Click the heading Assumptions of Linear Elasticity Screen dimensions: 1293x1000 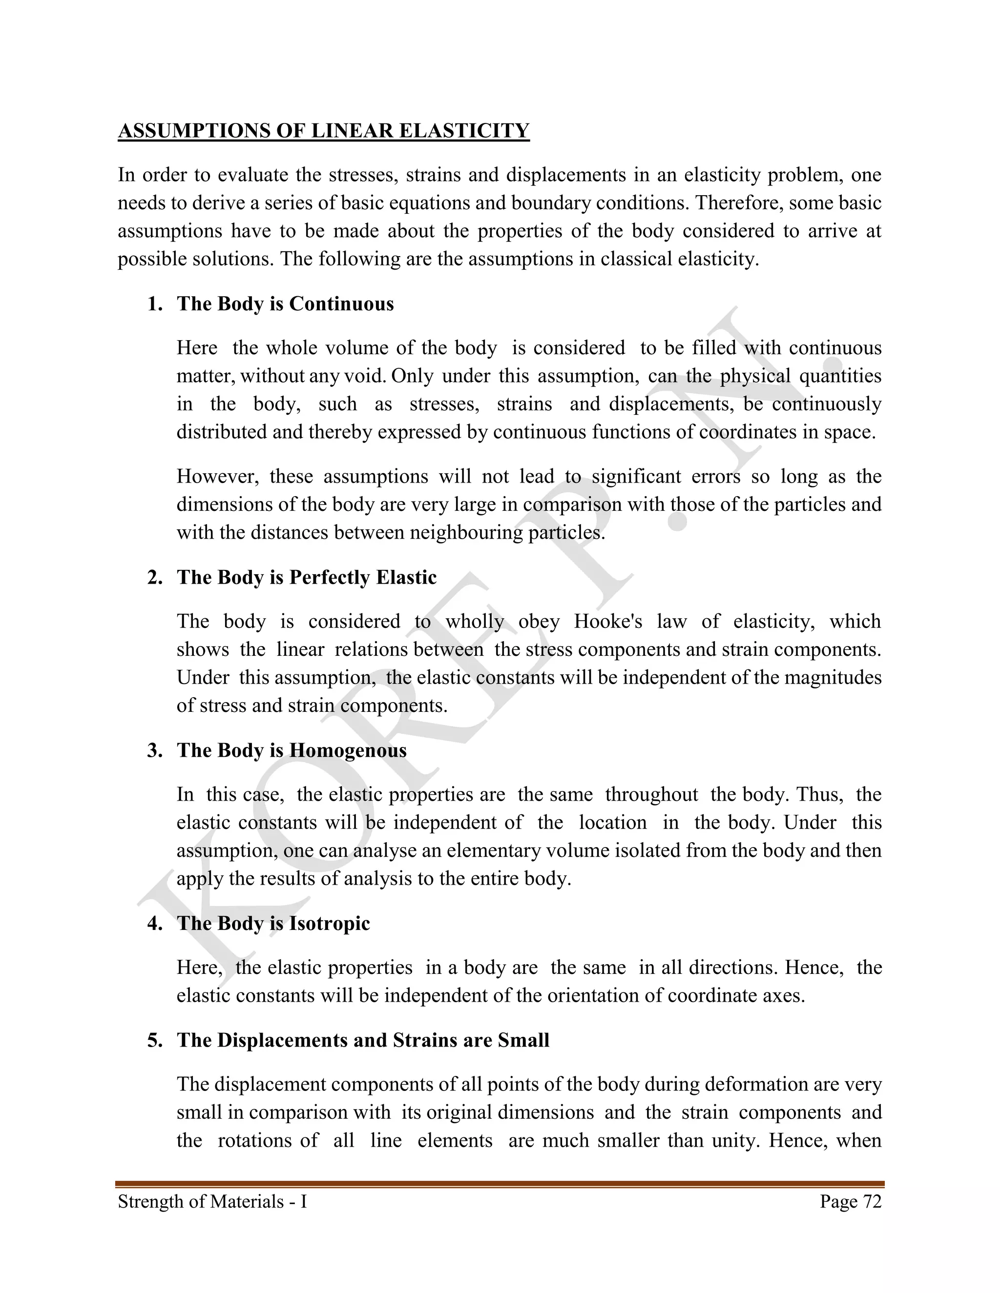(323, 131)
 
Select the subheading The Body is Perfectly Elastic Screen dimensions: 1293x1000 (306, 577)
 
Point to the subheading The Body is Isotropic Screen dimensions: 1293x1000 (273, 923)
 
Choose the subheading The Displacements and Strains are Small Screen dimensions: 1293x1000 (363, 1040)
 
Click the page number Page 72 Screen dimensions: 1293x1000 (850, 1201)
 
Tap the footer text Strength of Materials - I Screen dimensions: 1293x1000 (212, 1201)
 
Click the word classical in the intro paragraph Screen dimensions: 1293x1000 (636, 259)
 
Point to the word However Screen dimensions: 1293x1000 (217, 477)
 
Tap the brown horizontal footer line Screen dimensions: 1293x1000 (500, 1184)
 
